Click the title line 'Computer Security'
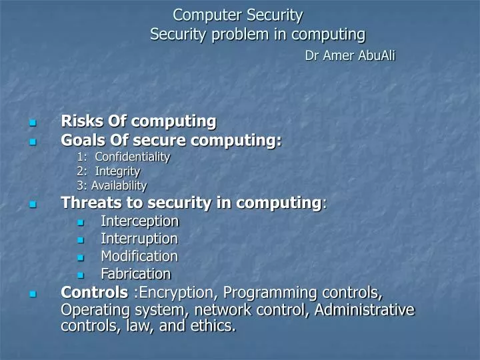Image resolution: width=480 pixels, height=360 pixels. pyautogui.click(x=237, y=14)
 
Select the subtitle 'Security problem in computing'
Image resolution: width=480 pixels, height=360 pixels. pyautogui.click(x=257, y=34)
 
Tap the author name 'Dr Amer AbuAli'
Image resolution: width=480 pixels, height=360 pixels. pyautogui.click(x=349, y=56)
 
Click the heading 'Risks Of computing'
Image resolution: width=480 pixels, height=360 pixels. pyautogui.click(x=139, y=121)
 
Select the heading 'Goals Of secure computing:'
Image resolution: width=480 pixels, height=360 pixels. pyautogui.click(x=171, y=141)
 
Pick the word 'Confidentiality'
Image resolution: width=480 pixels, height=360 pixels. pyautogui.click(x=132, y=157)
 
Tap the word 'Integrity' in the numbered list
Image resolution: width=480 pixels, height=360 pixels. pyautogui.click(x=117, y=171)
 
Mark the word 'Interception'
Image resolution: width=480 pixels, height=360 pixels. pyautogui.click(x=139, y=221)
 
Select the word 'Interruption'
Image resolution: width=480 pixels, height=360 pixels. pyautogui.click(x=139, y=239)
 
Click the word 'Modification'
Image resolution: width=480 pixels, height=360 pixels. pyautogui.click(x=139, y=256)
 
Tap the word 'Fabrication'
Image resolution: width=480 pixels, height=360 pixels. pyautogui.click(x=135, y=274)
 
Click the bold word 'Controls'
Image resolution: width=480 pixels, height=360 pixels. pyautogui.click(x=94, y=293)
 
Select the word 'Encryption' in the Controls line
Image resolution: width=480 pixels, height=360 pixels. pyautogui.click(x=178, y=293)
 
